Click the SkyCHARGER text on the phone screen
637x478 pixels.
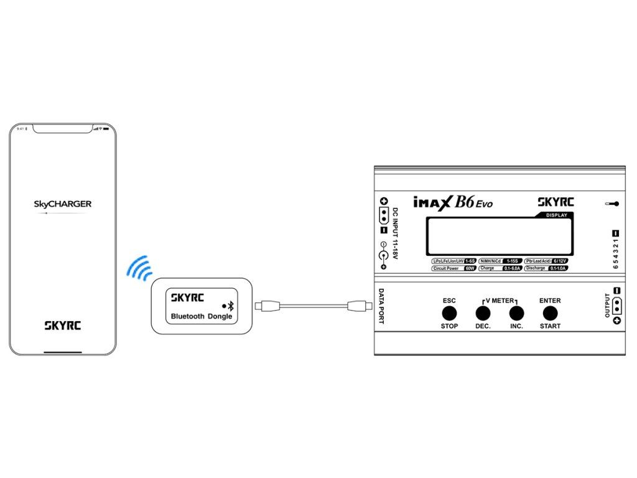[63, 204]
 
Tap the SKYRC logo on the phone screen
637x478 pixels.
[63, 324]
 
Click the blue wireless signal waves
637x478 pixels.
[139, 267]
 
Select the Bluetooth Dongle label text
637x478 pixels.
[202, 316]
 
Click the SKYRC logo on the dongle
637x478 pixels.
[188, 298]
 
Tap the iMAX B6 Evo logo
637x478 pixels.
[453, 202]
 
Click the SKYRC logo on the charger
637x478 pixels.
[556, 202]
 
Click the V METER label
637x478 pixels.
[500, 301]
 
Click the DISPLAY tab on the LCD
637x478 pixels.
[556, 215]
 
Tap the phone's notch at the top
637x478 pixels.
[63, 129]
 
